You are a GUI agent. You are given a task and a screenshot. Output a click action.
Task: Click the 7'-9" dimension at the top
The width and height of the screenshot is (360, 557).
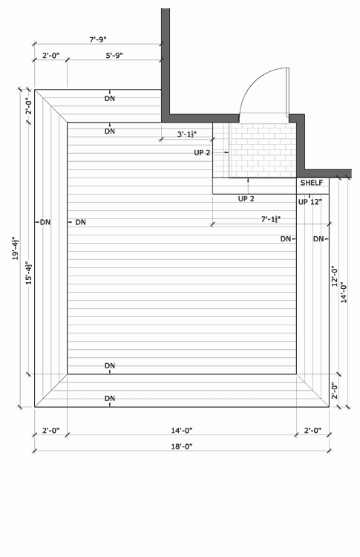tap(98, 39)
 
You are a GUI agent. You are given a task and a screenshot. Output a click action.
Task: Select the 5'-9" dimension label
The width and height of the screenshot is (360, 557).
tap(114, 56)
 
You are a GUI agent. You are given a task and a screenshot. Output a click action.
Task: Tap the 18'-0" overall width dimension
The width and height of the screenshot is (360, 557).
tap(182, 446)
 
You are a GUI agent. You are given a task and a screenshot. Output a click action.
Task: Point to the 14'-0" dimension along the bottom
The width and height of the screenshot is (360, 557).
tap(182, 431)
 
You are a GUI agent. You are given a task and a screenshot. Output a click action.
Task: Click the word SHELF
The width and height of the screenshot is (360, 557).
tap(312, 183)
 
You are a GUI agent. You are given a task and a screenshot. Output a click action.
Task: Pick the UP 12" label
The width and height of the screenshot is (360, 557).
tap(310, 202)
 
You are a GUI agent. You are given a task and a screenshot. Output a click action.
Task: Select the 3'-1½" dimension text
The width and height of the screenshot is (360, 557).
tap(187, 134)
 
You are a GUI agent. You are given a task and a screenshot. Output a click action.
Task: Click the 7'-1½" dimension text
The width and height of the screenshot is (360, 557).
tap(271, 219)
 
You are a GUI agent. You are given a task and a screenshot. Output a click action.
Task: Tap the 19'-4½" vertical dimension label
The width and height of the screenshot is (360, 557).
tap(16, 248)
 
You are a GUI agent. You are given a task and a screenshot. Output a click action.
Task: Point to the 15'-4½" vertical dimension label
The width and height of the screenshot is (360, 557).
tap(29, 273)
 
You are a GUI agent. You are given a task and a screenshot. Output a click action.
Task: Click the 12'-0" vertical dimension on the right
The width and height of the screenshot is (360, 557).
tap(335, 276)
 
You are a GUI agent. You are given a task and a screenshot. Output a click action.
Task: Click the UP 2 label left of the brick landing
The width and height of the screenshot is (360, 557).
tap(202, 153)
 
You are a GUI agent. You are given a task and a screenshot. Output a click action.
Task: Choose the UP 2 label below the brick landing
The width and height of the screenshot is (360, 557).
tap(246, 198)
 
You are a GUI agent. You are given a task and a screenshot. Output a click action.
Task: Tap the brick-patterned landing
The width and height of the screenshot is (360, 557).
tap(263, 150)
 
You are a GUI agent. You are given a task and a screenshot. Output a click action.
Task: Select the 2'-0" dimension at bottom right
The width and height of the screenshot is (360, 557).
tap(312, 431)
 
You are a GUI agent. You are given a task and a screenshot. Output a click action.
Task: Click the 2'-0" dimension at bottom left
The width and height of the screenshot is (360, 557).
tap(51, 431)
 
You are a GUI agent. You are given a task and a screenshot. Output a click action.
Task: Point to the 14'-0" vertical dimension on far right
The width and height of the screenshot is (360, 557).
tap(344, 293)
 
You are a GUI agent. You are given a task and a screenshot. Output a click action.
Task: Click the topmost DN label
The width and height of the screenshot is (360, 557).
tap(110, 98)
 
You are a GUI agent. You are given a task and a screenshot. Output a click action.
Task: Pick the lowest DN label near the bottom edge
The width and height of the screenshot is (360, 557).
tap(110, 399)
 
